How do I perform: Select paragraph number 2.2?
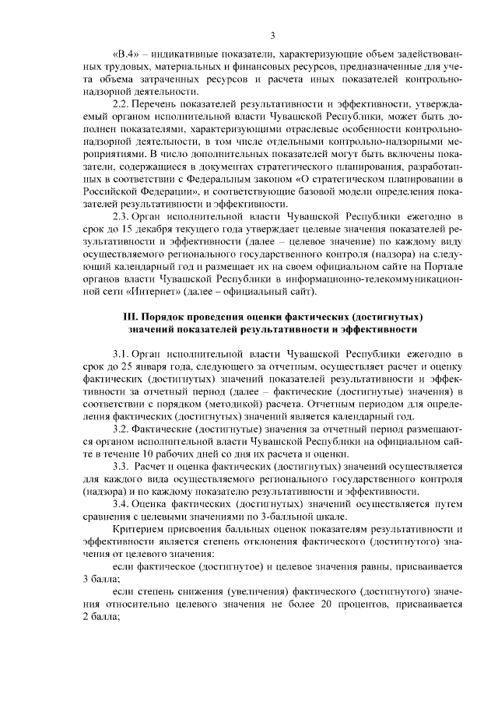122,104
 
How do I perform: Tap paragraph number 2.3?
122,215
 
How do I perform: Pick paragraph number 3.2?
122,429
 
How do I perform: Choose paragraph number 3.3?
122,466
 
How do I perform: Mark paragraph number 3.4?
122,504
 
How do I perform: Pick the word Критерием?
139,529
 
